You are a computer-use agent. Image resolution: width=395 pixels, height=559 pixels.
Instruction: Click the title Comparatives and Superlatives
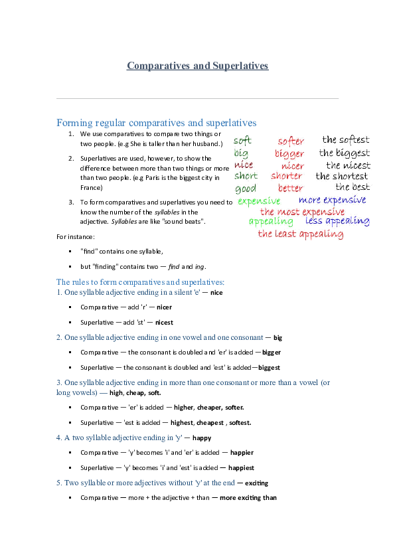pyautogui.click(x=197, y=66)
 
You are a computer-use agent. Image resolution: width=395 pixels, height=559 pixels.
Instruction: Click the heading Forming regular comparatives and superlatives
pyautogui.click(x=157, y=123)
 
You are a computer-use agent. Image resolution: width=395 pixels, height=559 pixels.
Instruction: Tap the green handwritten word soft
pyautogui.click(x=243, y=141)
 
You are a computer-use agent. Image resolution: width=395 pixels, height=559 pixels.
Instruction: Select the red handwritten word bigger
pyautogui.click(x=289, y=154)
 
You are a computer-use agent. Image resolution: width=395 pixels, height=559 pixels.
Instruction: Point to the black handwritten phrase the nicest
pyautogui.click(x=348, y=165)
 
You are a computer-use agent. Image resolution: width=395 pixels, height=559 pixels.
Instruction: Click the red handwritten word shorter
pyautogui.click(x=286, y=177)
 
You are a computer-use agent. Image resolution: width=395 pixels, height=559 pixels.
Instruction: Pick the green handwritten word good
pyautogui.click(x=245, y=189)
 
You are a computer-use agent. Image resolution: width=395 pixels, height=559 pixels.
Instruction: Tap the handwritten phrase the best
pyautogui.click(x=353, y=187)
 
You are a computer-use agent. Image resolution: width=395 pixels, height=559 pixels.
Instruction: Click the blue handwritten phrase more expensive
pyautogui.click(x=332, y=200)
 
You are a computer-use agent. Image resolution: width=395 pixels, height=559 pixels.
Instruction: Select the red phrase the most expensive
pyautogui.click(x=302, y=212)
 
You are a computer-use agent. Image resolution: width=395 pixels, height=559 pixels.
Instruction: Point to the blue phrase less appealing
pyautogui.click(x=337, y=222)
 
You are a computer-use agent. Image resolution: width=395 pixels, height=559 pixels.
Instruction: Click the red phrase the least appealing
pyautogui.click(x=300, y=234)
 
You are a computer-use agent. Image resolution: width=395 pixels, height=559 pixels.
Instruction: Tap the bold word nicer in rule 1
pyautogui.click(x=164, y=307)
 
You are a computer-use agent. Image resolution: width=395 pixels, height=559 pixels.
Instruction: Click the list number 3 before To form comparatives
pyautogui.click(x=71, y=202)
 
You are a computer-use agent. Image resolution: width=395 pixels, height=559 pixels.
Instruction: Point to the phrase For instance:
pyautogui.click(x=76, y=236)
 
